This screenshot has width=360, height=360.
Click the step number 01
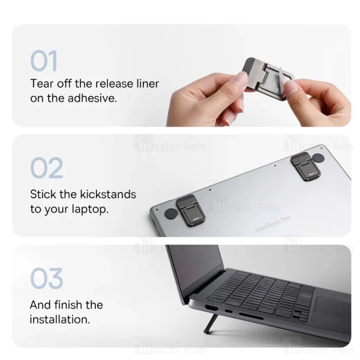coord(44,61)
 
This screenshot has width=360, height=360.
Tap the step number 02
coord(47,168)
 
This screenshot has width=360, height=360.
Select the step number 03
coord(47,278)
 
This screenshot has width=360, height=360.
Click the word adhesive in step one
coord(92,98)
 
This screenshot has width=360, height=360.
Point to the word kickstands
coord(106,194)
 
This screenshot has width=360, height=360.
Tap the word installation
coord(60,319)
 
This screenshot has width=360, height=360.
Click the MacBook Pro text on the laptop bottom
coord(272,224)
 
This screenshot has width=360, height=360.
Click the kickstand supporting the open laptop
coord(211,324)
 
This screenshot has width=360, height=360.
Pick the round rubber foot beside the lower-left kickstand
coord(171,214)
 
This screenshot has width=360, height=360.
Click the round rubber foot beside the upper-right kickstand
coord(318,158)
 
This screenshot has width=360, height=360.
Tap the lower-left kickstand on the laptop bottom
coord(191,210)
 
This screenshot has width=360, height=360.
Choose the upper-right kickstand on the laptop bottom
coord(303,166)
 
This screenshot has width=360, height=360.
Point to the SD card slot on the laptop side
coord(251,316)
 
